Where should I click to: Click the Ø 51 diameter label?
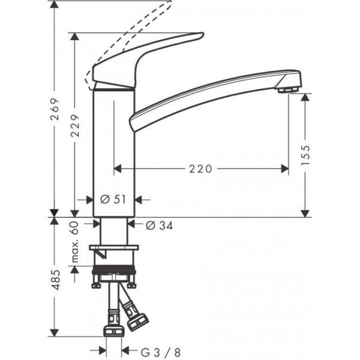pyautogui.click(x=114, y=200)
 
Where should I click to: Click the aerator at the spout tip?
pyautogui.click(x=287, y=90)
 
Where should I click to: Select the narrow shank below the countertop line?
pyautogui.click(x=114, y=231)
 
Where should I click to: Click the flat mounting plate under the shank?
pyautogui.click(x=113, y=247)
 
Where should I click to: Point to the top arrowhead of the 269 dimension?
pyautogui.click(x=55, y=5)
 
